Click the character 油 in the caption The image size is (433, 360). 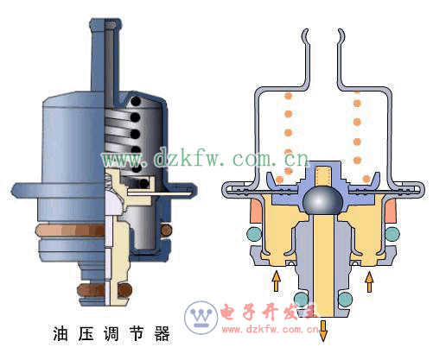pos(60,334)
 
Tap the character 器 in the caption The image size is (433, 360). pos(162,334)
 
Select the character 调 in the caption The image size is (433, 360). pos(111,334)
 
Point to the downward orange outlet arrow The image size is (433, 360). pos(323,331)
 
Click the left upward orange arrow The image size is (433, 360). pos(277,281)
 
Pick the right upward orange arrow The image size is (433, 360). pos(369,282)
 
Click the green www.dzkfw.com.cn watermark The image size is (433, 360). pos(205,159)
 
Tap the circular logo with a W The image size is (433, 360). pos(201,318)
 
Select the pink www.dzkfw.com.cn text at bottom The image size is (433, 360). pos(270,329)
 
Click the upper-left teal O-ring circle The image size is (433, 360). pos(254,234)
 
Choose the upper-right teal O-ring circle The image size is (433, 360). pos(392,234)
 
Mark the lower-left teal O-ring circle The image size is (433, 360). pos(302,300)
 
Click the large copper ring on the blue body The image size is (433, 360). pos(70,231)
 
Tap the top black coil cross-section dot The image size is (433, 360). pos(136,101)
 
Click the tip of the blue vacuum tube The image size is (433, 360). pos(105,20)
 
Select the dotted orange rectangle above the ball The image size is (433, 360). pos(322,176)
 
